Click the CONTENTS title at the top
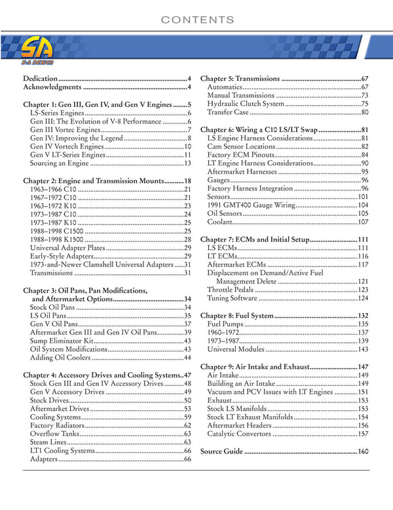[196, 20]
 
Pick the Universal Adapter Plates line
[67, 248]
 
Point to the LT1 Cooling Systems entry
[62, 452]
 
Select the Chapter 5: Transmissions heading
[240, 78]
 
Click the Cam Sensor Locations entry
[241, 146]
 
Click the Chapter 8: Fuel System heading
[236, 316]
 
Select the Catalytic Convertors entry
[239, 435]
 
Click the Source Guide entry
[221, 452]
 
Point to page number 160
[363, 452]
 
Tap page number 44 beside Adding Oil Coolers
[187, 358]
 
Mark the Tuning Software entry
[232, 298]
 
